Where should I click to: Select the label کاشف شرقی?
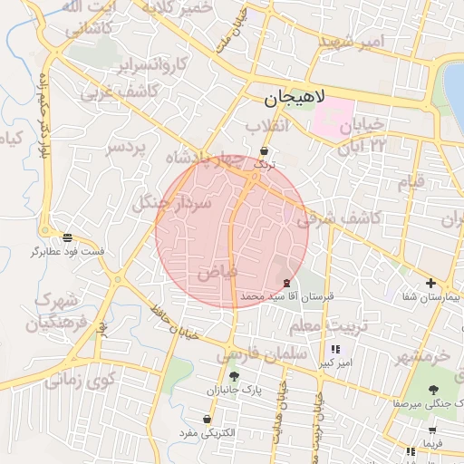point(337,218)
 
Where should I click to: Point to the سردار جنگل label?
point(172,203)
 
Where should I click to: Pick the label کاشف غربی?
point(121,92)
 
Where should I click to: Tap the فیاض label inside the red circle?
point(217,270)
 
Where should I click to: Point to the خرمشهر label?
point(423,355)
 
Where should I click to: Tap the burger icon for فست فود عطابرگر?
point(68,237)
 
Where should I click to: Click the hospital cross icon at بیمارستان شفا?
point(430,284)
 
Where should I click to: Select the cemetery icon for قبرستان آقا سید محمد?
point(287,283)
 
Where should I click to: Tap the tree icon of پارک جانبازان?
point(235,376)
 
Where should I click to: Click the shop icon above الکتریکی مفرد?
point(208,420)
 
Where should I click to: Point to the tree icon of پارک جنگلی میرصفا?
point(430,389)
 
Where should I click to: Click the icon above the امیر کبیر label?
point(334,349)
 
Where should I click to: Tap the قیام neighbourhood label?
point(411,182)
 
